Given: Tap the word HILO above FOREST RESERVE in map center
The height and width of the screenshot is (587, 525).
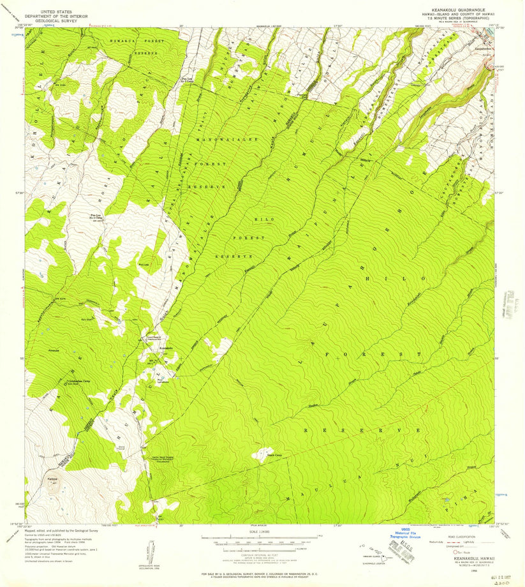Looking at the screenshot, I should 263,219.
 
